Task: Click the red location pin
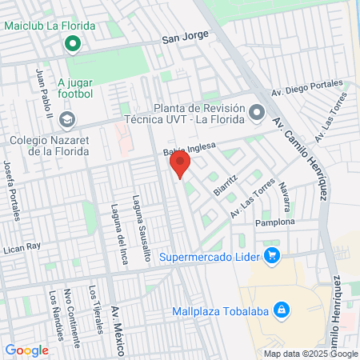click(179, 166)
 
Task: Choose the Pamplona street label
click(275, 222)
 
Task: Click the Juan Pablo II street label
click(46, 94)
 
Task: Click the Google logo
click(26, 350)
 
